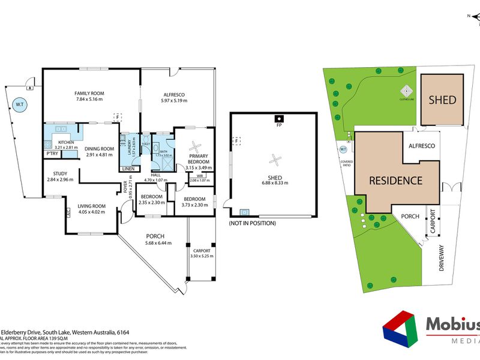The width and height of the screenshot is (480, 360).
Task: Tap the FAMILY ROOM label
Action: [89, 93]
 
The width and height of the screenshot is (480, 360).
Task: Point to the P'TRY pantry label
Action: [53, 154]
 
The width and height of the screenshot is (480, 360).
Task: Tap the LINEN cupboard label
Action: [128, 169]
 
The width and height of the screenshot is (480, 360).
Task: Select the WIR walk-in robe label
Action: [193, 176]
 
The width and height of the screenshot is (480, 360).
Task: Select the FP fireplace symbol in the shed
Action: [278, 118]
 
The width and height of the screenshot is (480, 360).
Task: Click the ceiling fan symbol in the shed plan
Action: [275, 159]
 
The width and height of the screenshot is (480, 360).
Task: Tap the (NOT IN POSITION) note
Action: [252, 223]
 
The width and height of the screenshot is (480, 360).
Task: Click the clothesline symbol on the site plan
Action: [407, 92]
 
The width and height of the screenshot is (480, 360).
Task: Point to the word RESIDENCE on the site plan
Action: [395, 181]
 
